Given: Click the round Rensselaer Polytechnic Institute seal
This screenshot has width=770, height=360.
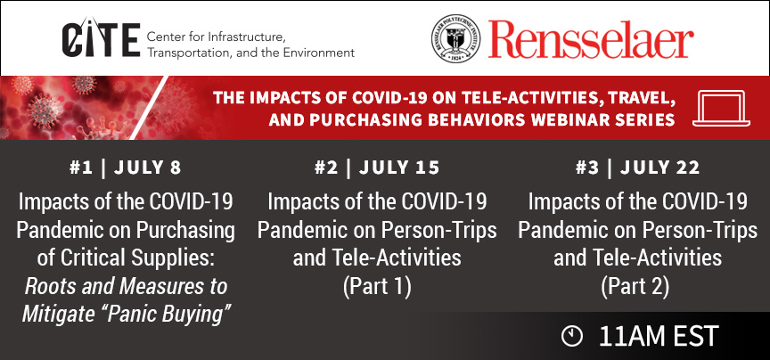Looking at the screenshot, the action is click(455, 38).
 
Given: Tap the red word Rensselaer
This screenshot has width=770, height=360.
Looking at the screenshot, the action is click(591, 39).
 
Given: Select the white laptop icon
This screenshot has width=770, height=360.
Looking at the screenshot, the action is click(721, 108).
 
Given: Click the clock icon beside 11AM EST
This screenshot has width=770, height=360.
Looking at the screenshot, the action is click(571, 337).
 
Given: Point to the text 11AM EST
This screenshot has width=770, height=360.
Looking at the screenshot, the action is click(659, 337).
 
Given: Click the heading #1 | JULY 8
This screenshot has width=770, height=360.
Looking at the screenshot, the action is click(126, 168).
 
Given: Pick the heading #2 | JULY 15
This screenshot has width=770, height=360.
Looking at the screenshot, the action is click(377, 168).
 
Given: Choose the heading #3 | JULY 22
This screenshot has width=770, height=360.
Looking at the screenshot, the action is click(637, 168).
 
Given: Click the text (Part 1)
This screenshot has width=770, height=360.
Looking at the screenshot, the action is click(377, 286).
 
